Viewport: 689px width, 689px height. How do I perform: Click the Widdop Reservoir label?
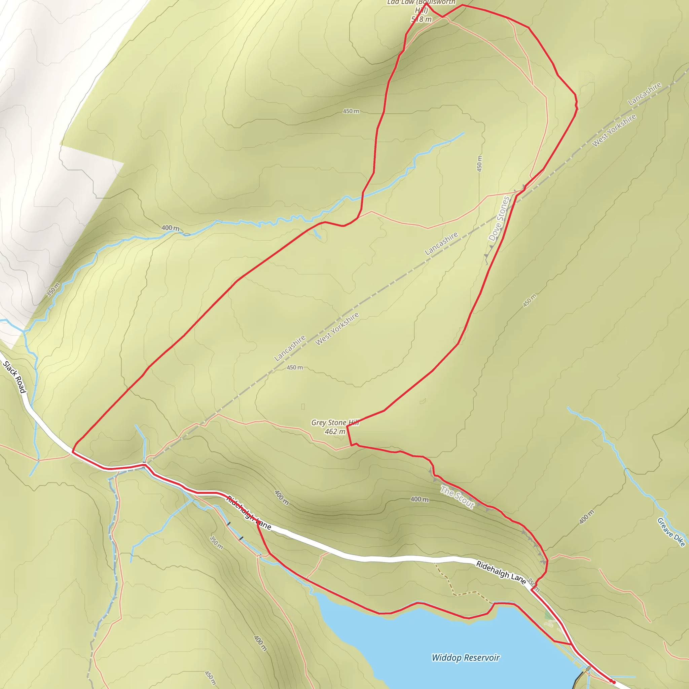point(465,658)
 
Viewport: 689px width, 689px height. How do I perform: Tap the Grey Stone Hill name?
point(334,423)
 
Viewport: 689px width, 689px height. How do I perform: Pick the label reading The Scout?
point(457,497)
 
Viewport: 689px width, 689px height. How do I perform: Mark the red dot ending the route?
point(614,682)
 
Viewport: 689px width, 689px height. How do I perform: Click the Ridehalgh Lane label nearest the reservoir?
point(501,573)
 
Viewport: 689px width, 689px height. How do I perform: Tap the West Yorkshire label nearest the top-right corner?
point(614,131)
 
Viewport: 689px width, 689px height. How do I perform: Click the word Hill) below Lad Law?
point(421,10)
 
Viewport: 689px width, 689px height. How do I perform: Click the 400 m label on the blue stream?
point(171,228)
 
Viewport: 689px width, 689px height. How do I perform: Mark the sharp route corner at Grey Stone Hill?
point(347,427)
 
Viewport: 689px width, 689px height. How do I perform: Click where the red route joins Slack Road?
point(73,451)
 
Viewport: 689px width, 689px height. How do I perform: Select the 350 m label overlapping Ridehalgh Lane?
point(534,584)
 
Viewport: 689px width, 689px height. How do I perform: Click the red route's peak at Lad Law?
point(426,4)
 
